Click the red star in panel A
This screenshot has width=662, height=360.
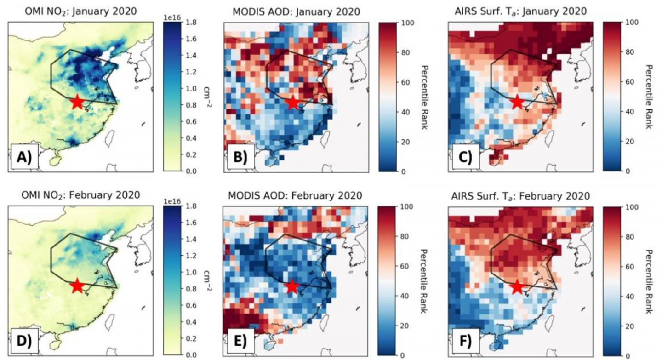click(x=77, y=102)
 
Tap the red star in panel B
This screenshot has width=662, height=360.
click(x=293, y=103)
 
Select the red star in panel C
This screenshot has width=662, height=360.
click(x=517, y=102)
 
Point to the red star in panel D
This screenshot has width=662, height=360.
click(x=77, y=286)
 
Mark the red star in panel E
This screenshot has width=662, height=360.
click(x=292, y=287)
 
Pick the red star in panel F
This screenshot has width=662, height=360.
click(x=517, y=287)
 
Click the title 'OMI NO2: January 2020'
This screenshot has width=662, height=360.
click(x=80, y=11)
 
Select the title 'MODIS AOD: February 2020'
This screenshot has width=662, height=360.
click(x=295, y=195)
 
